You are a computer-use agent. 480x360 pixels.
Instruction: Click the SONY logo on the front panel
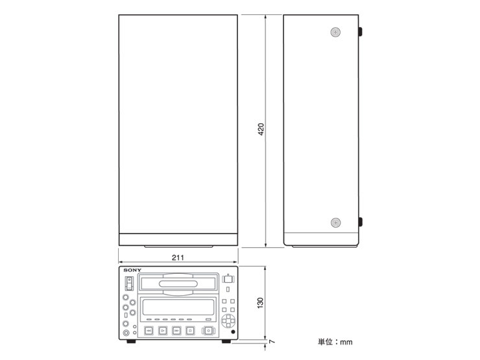132,270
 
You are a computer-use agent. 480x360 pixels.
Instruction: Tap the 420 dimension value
261,129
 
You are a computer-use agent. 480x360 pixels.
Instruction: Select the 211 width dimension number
178,258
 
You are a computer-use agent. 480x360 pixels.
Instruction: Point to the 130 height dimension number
260,303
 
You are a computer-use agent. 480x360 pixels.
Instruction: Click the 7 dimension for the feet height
272,341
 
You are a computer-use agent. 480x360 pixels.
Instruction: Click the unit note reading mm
346,342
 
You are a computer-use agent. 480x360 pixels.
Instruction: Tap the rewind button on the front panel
149,331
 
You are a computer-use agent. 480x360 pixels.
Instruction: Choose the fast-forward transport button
176,331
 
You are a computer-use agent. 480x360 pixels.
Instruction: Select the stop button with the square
190,331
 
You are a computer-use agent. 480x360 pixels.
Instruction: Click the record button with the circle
208,331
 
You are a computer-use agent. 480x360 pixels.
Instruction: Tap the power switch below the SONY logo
129,283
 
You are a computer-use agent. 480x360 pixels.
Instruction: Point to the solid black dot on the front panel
233,332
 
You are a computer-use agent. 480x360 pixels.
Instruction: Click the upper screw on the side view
336,32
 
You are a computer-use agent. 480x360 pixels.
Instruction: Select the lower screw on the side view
336,222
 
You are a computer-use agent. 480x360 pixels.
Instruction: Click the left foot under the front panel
131,341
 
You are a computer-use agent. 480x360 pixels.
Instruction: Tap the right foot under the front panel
226,341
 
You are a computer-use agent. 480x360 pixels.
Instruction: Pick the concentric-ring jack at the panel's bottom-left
126,333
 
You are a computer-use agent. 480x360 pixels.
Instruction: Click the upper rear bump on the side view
360,32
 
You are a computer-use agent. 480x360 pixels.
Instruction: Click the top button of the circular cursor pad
228,317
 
